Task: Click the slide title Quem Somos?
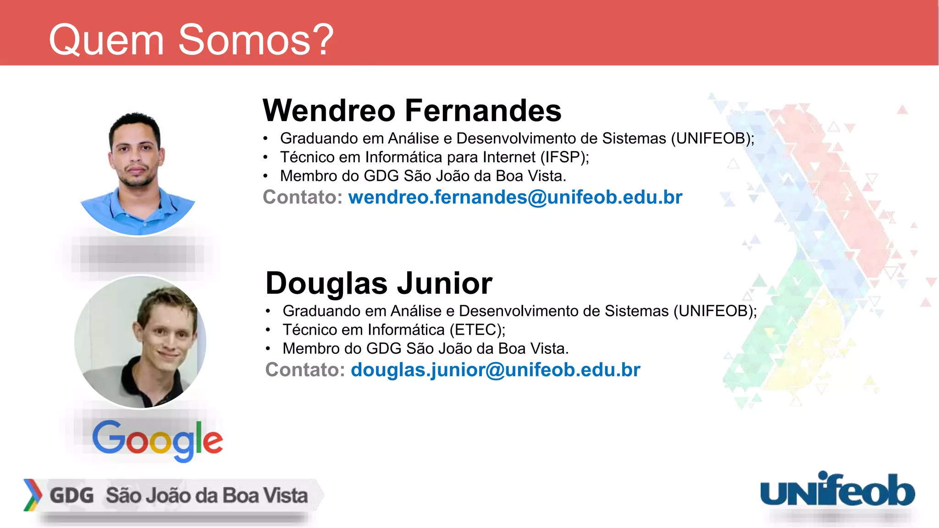pos(191,40)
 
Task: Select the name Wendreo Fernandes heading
pos(412,110)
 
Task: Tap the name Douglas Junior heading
pos(379,283)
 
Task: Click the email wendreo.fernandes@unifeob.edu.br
pos(515,197)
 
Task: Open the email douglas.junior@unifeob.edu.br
pos(495,370)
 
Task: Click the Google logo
pos(157,440)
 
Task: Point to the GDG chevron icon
pos(33,495)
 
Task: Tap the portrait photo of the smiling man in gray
pos(140,342)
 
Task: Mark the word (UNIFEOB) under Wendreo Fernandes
pos(711,138)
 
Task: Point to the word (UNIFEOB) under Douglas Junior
pos(713,311)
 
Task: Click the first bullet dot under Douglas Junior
pos(268,311)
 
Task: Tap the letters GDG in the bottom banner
pos(72,495)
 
